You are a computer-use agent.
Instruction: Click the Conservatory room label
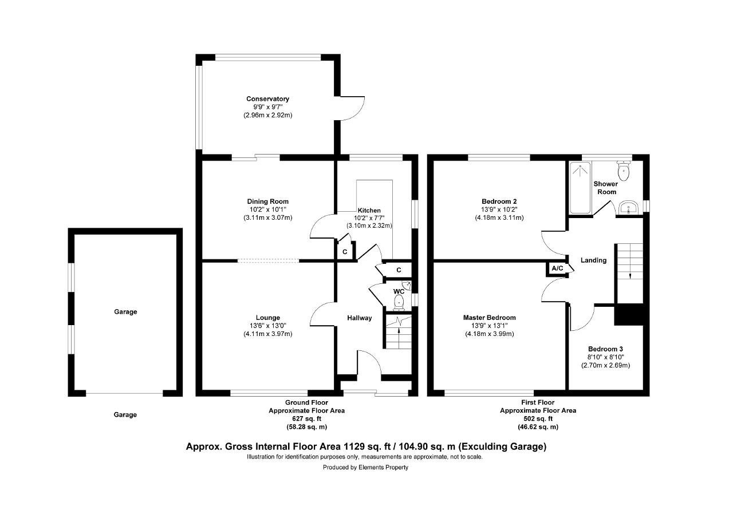(x=267, y=99)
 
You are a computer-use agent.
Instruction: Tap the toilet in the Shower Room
(x=624, y=171)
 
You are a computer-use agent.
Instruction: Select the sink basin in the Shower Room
(x=628, y=208)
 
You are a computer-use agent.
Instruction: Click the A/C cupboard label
(x=558, y=268)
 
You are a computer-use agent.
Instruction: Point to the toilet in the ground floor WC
(x=399, y=302)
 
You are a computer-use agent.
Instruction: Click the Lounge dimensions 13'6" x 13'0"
(x=267, y=326)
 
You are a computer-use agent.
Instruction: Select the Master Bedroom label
(x=490, y=318)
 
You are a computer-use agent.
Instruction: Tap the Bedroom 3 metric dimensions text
(x=605, y=365)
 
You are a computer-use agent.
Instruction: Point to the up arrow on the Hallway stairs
(x=399, y=334)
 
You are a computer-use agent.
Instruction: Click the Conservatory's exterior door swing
(x=353, y=108)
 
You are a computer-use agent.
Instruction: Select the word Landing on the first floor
(x=594, y=260)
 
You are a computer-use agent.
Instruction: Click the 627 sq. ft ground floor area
(x=306, y=418)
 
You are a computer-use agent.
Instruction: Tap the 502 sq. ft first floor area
(x=538, y=418)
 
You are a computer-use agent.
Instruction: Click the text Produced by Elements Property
(x=365, y=468)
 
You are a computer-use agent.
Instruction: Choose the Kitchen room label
(x=369, y=210)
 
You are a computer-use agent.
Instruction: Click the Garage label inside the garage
(x=125, y=312)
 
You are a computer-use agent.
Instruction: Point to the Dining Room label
(x=267, y=201)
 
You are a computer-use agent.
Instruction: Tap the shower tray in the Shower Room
(x=581, y=188)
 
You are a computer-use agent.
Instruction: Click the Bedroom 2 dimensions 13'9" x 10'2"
(x=499, y=209)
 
